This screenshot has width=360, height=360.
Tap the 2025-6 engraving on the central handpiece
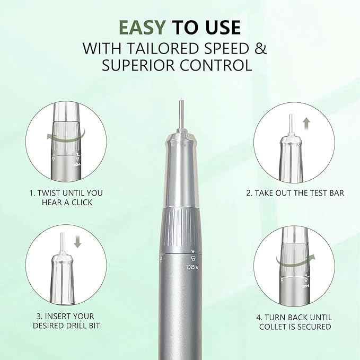point(192,267)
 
